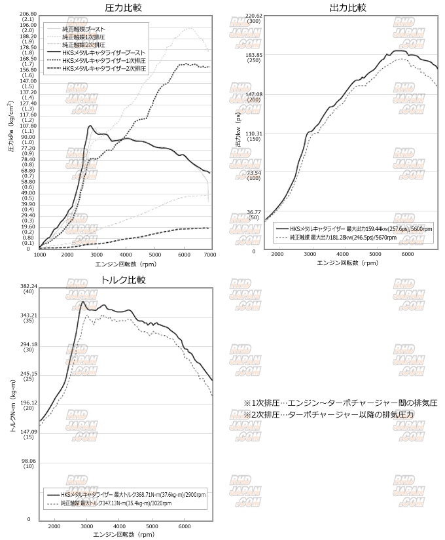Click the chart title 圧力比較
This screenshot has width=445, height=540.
[123, 8]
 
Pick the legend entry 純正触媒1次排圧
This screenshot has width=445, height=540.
[88, 37]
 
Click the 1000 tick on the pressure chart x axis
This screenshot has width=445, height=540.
[39, 254]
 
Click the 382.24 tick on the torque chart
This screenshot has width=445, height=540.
[28, 286]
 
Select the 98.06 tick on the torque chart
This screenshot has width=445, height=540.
[28, 461]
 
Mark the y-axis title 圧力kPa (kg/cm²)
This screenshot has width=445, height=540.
[11, 126]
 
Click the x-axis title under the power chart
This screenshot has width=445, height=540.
[347, 262]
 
